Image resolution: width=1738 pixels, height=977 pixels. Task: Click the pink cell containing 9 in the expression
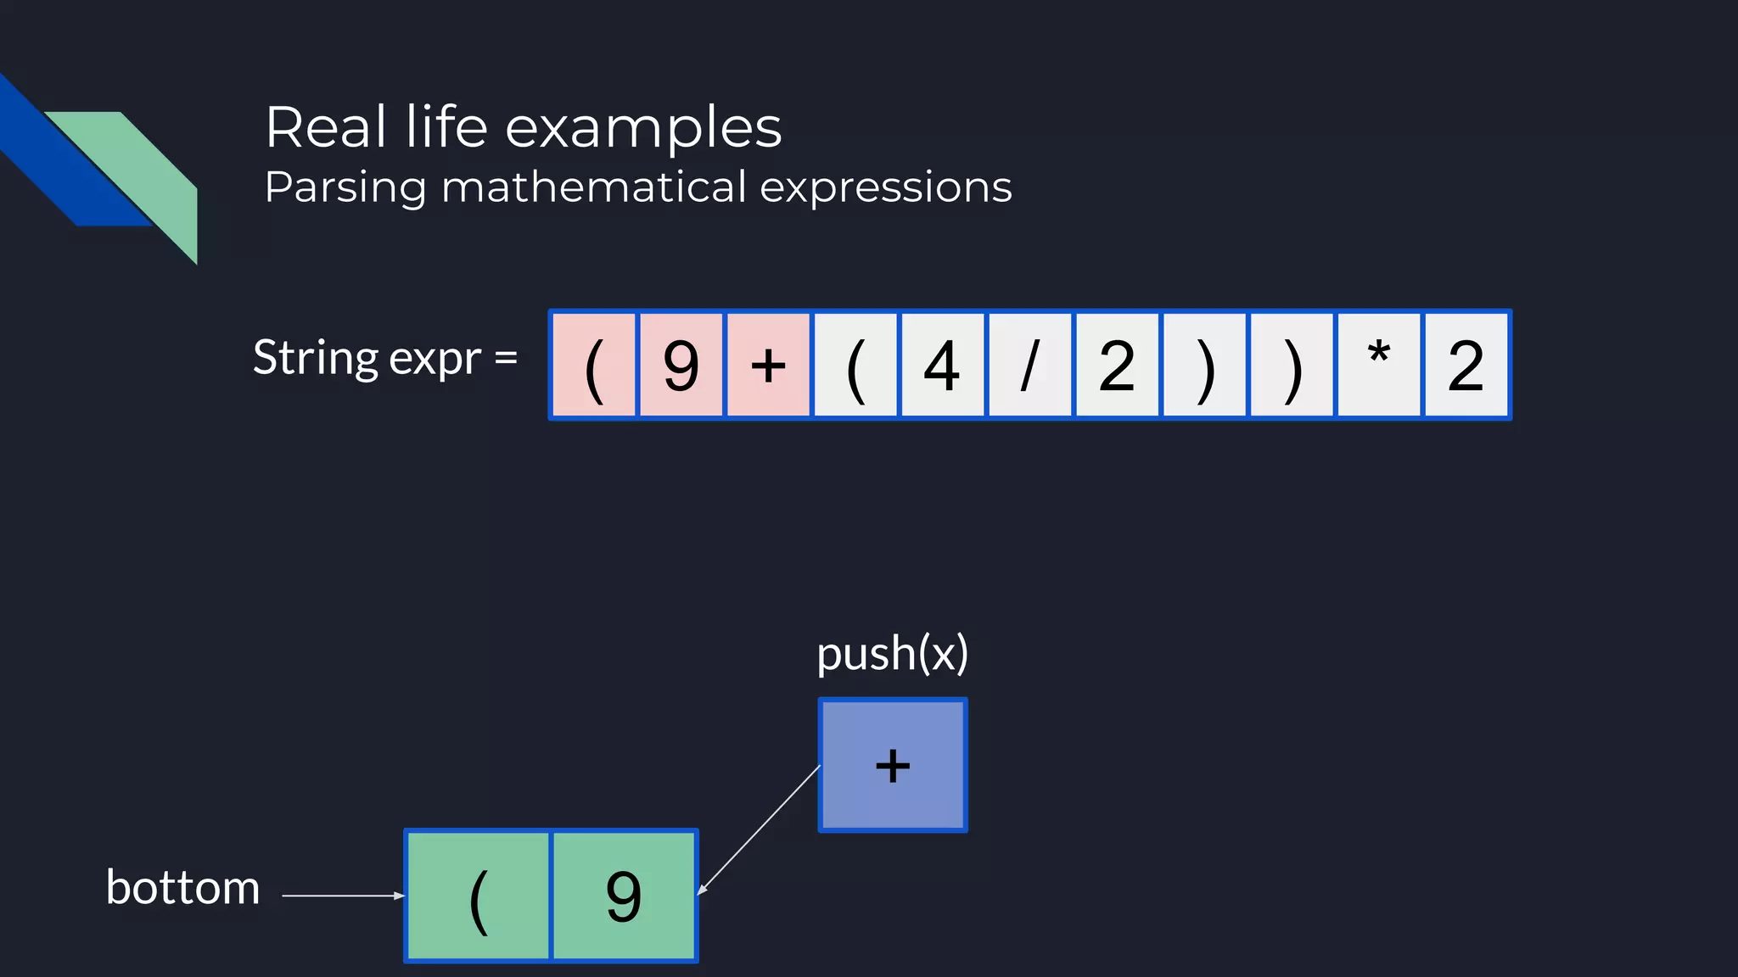point(681,366)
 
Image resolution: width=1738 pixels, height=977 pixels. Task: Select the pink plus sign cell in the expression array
point(768,366)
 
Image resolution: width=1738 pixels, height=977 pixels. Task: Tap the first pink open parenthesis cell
point(594,366)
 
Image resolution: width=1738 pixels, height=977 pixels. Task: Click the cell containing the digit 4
point(942,366)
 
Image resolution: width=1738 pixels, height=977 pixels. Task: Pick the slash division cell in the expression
point(1029,366)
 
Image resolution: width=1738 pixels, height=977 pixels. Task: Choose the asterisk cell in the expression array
point(1379,366)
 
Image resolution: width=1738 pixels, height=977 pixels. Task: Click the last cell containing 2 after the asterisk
point(1466,366)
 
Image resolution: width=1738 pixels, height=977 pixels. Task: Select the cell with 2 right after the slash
point(1117,366)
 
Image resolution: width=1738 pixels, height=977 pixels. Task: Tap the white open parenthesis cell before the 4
point(855,366)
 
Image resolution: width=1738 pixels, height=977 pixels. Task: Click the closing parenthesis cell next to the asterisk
point(1292,366)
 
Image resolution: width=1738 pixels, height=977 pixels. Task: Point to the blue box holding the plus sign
point(893,765)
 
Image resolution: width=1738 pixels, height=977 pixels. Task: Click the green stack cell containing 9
point(624,896)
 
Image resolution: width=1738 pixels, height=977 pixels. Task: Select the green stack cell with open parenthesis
point(479,896)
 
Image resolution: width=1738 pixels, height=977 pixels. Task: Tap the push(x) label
point(892,654)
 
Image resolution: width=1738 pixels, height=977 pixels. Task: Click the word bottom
point(182,888)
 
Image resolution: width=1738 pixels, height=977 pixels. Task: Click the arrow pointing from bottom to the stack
point(343,896)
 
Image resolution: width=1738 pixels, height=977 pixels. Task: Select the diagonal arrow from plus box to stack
point(759,830)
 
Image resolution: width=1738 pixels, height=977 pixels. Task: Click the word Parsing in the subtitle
point(345,187)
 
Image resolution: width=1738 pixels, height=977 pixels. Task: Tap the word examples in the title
point(643,128)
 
